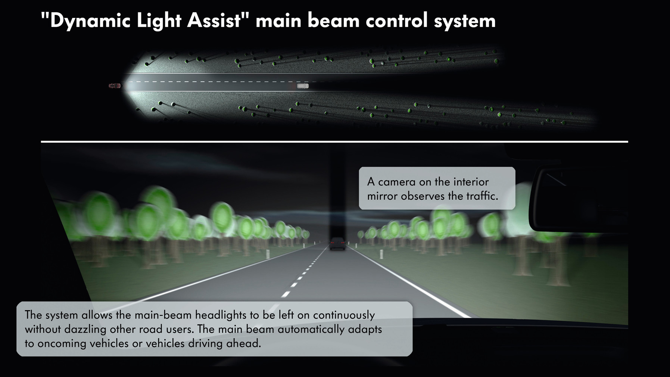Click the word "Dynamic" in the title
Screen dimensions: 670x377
pos(90,20)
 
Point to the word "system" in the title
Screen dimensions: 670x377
pos(465,21)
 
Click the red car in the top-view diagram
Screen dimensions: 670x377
pos(115,86)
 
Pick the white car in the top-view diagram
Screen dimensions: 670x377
pos(303,86)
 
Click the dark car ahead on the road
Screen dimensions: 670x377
pos(337,244)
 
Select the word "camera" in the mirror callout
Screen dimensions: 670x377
pos(397,182)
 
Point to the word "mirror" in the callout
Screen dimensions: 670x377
pos(382,196)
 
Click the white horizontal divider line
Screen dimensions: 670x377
pos(334,142)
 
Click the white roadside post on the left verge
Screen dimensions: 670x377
pos(268,254)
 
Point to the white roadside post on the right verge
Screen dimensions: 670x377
pos(381,254)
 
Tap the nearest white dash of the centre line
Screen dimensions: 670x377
pos(286,294)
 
